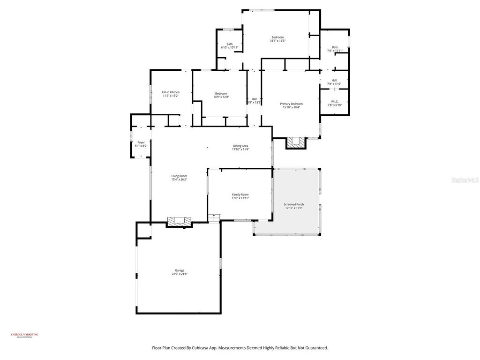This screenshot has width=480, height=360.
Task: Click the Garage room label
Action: pos(180,270)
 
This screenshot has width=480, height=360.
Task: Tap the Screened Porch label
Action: pos(294,204)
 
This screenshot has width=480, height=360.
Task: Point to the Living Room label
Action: pos(179,176)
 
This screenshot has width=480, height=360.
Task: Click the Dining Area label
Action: pos(240,146)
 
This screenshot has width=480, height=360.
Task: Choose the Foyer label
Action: pos(141,142)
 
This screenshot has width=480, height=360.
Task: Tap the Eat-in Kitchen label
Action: pos(171,92)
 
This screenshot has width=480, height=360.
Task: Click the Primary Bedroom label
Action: pos(291,104)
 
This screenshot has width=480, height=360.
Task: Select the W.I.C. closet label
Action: pos(334,101)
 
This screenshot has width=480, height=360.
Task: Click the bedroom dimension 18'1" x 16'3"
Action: pos(277,41)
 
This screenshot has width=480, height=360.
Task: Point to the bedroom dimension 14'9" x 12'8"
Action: pos(221,97)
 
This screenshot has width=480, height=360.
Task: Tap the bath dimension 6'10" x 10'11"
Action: pos(230,48)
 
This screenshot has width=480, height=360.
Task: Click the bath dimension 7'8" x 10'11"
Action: pos(335,51)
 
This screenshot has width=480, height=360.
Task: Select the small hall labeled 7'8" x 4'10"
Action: pos(334,82)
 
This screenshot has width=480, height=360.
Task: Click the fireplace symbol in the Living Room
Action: pos(180,221)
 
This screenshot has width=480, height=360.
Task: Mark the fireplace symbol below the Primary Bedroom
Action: pos(296,142)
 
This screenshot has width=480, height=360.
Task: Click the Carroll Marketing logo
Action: pos(24,335)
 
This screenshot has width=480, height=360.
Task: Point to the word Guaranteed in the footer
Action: pos(315,348)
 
